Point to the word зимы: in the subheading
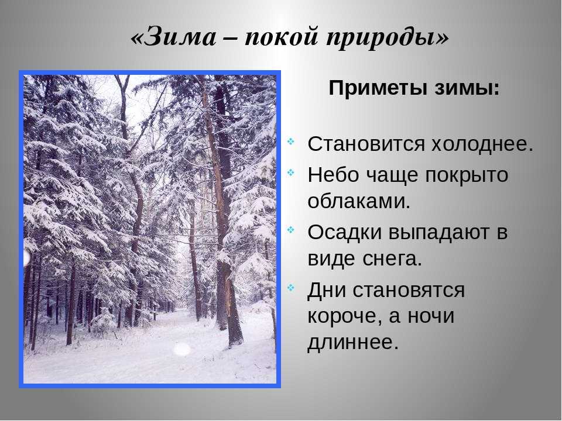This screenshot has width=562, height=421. tap(468, 88)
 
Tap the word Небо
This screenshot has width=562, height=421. tap(333, 175)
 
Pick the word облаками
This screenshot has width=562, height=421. tap(359, 202)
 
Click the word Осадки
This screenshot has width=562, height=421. tap(344, 232)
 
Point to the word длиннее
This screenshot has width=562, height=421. tap(353, 342)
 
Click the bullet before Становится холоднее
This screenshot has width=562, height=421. tap(291, 142)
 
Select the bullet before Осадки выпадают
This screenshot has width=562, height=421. tap(291, 229)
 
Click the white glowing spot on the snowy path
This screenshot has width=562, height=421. tap(181, 349)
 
